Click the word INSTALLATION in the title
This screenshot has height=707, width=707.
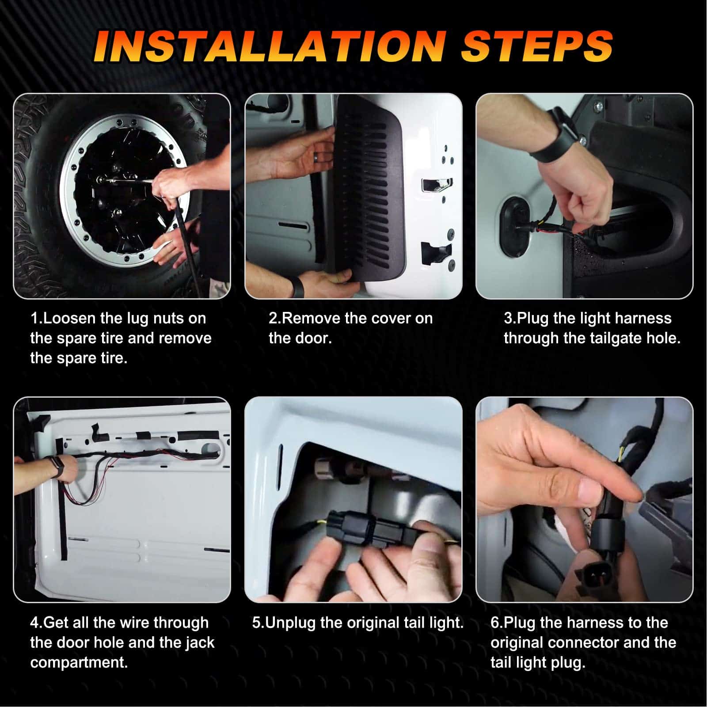(270, 46)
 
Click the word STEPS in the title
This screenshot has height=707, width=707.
(537, 46)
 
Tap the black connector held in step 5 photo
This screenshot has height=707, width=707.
(371, 528)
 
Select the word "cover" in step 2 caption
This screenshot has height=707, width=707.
(386, 319)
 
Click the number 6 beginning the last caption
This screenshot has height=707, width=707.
(495, 623)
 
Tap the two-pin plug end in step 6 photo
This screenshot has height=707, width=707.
(590, 576)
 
